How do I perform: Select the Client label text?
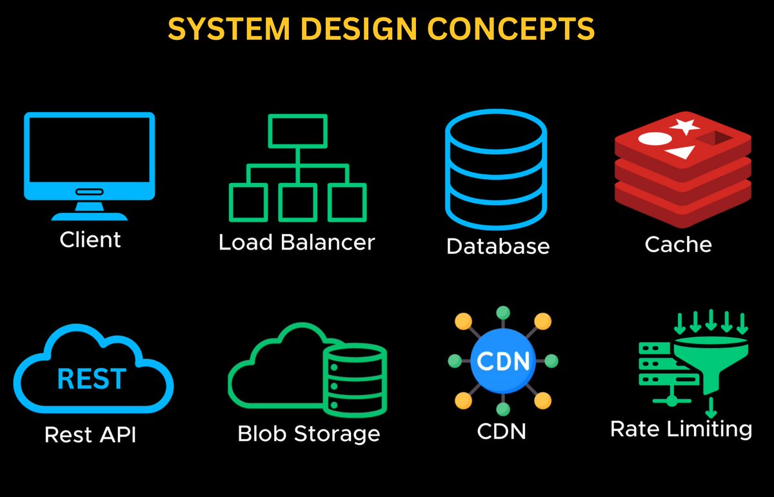click(x=90, y=240)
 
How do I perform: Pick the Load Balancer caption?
click(x=297, y=242)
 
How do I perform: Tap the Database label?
click(x=498, y=246)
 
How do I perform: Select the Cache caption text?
click(x=679, y=244)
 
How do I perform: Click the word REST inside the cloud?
click(x=92, y=379)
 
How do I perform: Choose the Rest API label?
click(x=90, y=435)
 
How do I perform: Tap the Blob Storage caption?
click(x=309, y=433)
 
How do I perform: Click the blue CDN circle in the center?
click(x=501, y=360)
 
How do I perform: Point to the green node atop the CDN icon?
click(x=501, y=312)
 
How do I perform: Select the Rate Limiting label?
click(x=681, y=429)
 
